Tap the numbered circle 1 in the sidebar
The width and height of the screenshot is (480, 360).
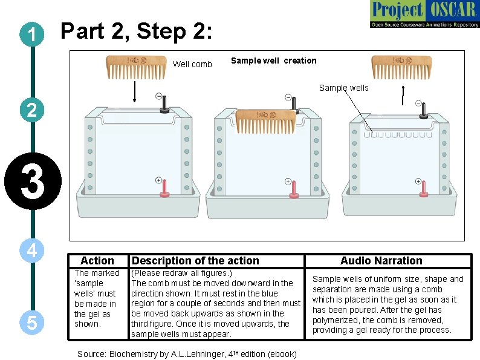click(x=30, y=35)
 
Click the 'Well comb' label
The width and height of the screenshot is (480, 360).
click(x=192, y=64)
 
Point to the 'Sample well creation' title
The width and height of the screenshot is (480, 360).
click(x=273, y=61)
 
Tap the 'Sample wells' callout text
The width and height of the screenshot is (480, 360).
click(x=343, y=88)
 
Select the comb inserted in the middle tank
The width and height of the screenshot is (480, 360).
click(x=266, y=121)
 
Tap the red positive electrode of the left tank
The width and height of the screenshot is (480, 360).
click(x=163, y=189)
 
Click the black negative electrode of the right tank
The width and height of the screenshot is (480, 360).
click(x=424, y=109)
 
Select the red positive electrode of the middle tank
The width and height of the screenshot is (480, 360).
click(x=293, y=189)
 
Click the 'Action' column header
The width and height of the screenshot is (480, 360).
click(x=97, y=261)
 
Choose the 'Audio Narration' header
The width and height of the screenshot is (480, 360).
click(x=381, y=261)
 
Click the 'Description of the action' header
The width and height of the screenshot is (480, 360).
click(x=195, y=261)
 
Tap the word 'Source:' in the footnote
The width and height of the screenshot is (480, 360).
click(x=92, y=354)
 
